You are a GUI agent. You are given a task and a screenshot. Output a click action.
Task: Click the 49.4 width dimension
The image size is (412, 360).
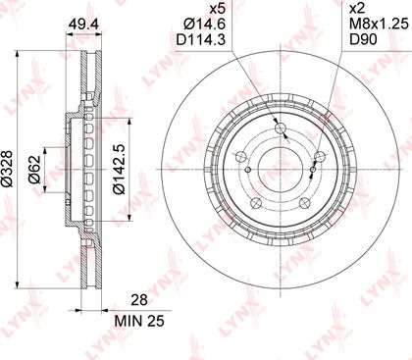tap(83, 25)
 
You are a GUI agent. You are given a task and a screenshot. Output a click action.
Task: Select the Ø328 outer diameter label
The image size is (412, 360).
tap(8, 169)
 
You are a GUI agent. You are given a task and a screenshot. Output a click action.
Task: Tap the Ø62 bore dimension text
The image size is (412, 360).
tap(34, 170)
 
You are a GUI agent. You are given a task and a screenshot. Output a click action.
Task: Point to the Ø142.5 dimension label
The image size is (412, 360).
tap(119, 170)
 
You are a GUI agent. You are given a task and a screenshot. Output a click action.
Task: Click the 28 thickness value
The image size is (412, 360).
tap(139, 300)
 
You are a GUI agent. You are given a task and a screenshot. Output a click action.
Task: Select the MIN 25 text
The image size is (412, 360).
tap(139, 322)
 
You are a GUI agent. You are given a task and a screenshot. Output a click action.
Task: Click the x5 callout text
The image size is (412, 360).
tap(217, 9)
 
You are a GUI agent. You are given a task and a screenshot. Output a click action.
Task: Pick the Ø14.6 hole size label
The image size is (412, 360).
tap(205, 25)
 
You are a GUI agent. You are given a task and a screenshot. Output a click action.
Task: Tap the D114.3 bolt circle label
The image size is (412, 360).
tap(201, 40)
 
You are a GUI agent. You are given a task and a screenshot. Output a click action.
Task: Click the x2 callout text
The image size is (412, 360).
tap(358, 9)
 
